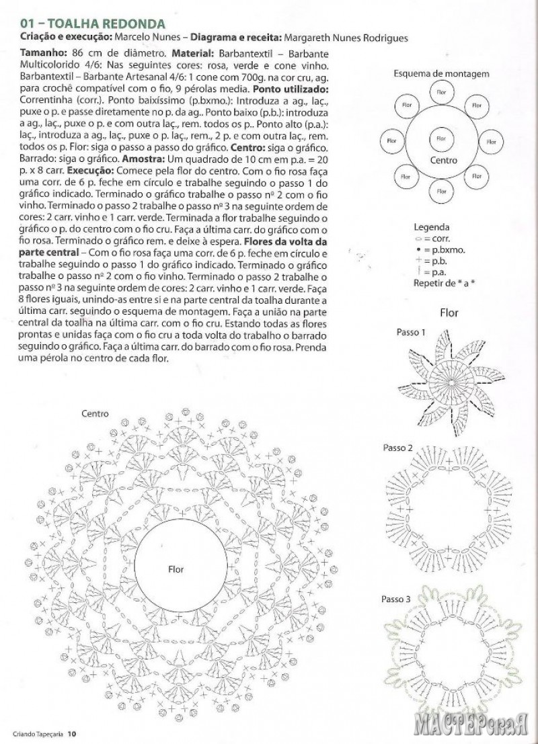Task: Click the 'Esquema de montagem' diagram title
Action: coord(441,73)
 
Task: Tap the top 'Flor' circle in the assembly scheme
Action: coord(441,91)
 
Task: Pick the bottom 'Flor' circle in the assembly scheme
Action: coord(441,192)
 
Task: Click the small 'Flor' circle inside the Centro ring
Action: coord(441,139)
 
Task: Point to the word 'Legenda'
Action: coord(431,227)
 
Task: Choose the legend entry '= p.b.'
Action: coord(434,260)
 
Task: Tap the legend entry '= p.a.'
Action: coord(434,271)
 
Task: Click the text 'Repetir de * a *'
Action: coord(444,282)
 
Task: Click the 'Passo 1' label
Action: coord(411,331)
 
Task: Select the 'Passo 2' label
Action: coord(397,448)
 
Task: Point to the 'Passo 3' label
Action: coord(396,599)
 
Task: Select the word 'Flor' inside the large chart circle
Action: coord(176,569)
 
